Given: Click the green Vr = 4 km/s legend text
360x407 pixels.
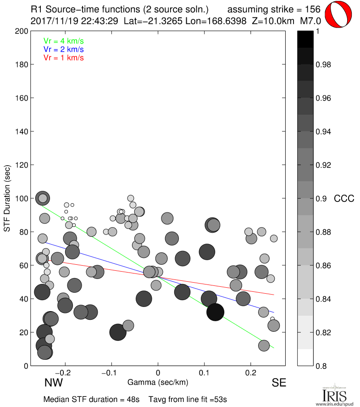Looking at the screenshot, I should point(63,41).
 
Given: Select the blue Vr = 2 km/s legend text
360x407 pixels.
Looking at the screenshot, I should point(63,49).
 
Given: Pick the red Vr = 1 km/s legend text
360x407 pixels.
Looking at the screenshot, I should point(63,57).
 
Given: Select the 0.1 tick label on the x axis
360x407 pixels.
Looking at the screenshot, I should point(204,373).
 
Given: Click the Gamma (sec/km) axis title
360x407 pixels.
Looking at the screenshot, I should point(157,382).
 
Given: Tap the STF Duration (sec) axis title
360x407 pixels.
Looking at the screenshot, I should point(7,198).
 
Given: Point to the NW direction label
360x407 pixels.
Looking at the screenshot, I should point(53,382).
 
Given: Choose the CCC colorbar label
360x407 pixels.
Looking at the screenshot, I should point(344,198).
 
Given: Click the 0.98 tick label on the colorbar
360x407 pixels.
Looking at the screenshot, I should point(324,65).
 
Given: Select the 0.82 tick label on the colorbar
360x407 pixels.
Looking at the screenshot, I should point(324,332).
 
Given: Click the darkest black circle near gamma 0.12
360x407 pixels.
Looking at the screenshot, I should point(215,312).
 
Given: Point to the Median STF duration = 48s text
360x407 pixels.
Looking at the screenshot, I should point(91,399).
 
